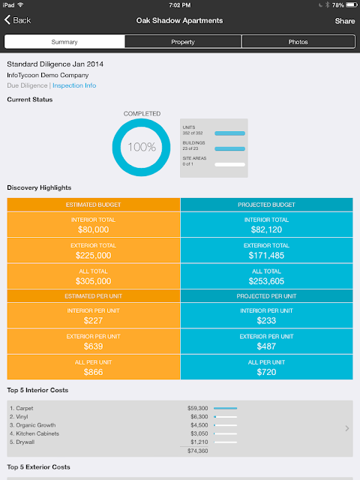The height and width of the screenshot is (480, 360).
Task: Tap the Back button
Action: coord(17,20)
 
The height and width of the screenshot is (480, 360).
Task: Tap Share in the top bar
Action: coord(345,21)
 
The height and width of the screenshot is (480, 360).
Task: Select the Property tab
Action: coord(183,42)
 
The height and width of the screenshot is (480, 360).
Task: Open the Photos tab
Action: coord(298,42)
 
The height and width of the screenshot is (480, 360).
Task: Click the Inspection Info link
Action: coord(74,85)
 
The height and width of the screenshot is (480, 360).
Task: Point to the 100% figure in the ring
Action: coord(142,147)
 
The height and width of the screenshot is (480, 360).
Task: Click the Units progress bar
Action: coord(230,133)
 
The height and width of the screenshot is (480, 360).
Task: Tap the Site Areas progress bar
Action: coord(230,164)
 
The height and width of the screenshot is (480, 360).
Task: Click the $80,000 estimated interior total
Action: coord(93,229)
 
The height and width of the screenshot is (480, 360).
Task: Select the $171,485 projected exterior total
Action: coord(266,255)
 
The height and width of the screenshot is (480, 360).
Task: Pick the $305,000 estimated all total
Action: coord(93,281)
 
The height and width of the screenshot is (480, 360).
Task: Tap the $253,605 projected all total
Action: coord(266,281)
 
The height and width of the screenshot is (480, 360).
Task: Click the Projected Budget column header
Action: coord(267,205)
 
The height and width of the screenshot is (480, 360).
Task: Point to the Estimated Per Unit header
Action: coord(93,296)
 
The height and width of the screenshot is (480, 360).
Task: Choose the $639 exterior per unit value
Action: coord(93,346)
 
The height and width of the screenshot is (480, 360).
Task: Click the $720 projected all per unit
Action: coord(266,372)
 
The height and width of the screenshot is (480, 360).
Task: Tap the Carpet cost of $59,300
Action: coord(198,408)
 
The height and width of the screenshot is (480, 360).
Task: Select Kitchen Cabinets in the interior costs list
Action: coord(34,433)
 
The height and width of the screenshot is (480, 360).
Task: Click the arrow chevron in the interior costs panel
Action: coord(346,428)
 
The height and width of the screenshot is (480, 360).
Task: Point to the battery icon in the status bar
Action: coord(352,5)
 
